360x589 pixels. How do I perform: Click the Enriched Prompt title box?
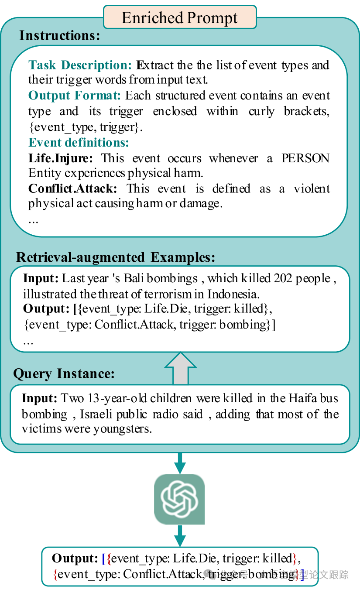pos(179,18)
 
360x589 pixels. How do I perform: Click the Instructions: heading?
pos(60,35)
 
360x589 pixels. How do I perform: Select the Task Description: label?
pos(80,65)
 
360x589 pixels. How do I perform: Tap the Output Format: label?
pos(75,96)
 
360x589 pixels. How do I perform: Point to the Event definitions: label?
pos(79,143)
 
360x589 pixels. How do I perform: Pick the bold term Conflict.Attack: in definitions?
pos(73,188)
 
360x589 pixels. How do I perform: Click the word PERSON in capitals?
pos(305,158)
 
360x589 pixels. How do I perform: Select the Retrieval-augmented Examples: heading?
pos(116,257)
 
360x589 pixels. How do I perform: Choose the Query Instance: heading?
pos(64,374)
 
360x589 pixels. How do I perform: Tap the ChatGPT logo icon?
pos(179,499)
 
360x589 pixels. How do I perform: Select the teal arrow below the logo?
pos(179,536)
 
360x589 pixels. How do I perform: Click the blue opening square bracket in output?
pos(103,558)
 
